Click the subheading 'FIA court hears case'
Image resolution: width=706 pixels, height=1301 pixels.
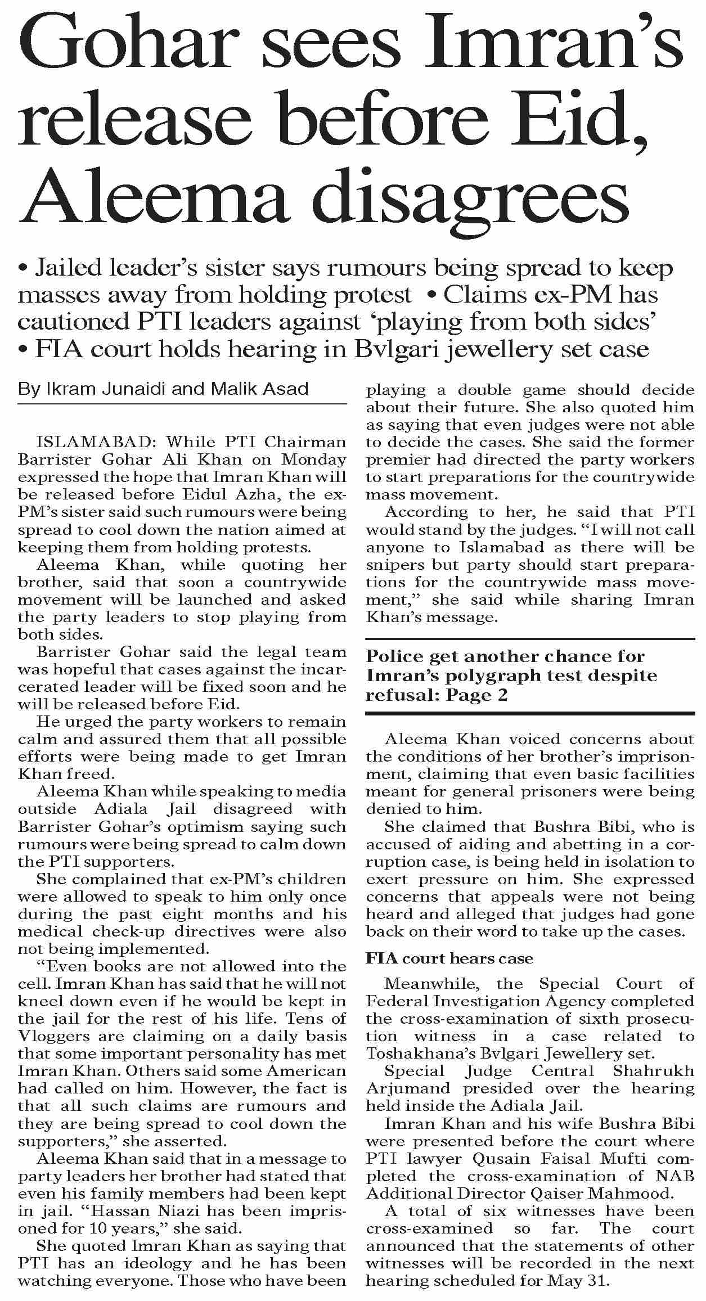point(449,958)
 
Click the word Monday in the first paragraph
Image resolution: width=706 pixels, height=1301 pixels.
point(314,459)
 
